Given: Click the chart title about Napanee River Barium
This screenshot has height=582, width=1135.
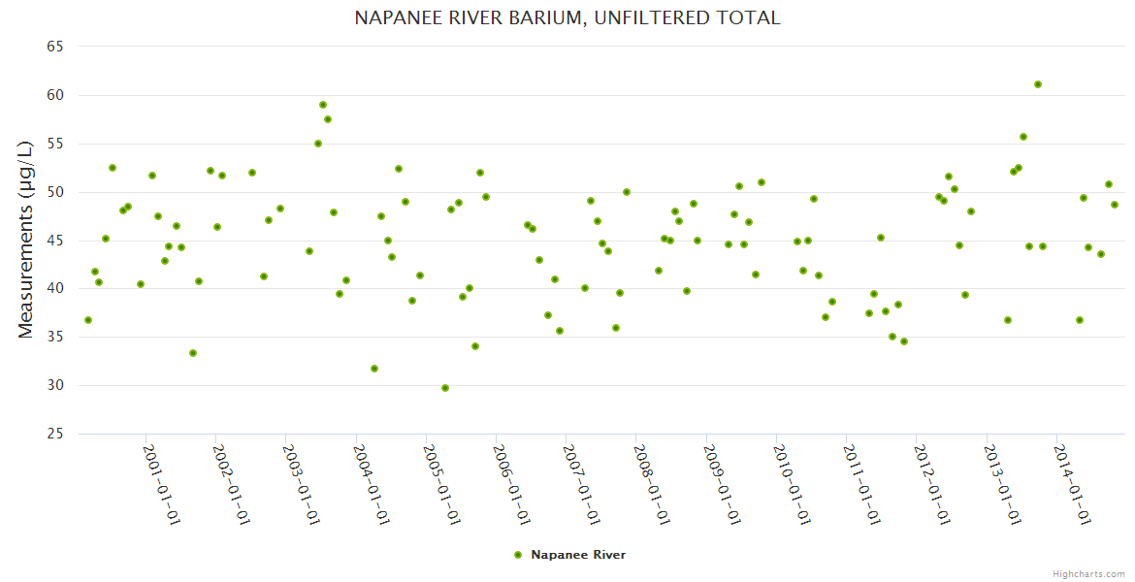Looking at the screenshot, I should point(567,18).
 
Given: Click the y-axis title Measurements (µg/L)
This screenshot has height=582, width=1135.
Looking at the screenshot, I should point(26,239).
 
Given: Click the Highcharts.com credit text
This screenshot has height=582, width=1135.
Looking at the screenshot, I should point(1088,573).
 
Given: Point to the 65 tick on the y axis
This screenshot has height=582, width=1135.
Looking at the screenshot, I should point(55,47).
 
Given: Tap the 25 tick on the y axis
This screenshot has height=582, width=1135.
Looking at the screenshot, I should point(55,434).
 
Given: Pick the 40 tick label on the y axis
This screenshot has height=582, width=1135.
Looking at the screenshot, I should point(55,289).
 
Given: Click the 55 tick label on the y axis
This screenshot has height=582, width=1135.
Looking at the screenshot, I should point(55,144).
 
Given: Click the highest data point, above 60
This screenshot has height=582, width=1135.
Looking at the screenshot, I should point(1038,84).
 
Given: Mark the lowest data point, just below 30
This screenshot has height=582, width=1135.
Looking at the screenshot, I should point(445,388).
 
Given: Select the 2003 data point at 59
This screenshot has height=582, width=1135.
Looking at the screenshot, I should point(323,105).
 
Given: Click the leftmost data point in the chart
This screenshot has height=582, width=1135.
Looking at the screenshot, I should point(88,320).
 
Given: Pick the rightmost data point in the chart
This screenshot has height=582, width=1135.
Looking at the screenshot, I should point(1115,205).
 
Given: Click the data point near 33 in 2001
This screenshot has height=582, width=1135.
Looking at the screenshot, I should point(193,353).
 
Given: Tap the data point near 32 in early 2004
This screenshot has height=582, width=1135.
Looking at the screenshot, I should point(374,369).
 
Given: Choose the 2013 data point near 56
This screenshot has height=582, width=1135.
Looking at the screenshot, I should point(1023,137).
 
